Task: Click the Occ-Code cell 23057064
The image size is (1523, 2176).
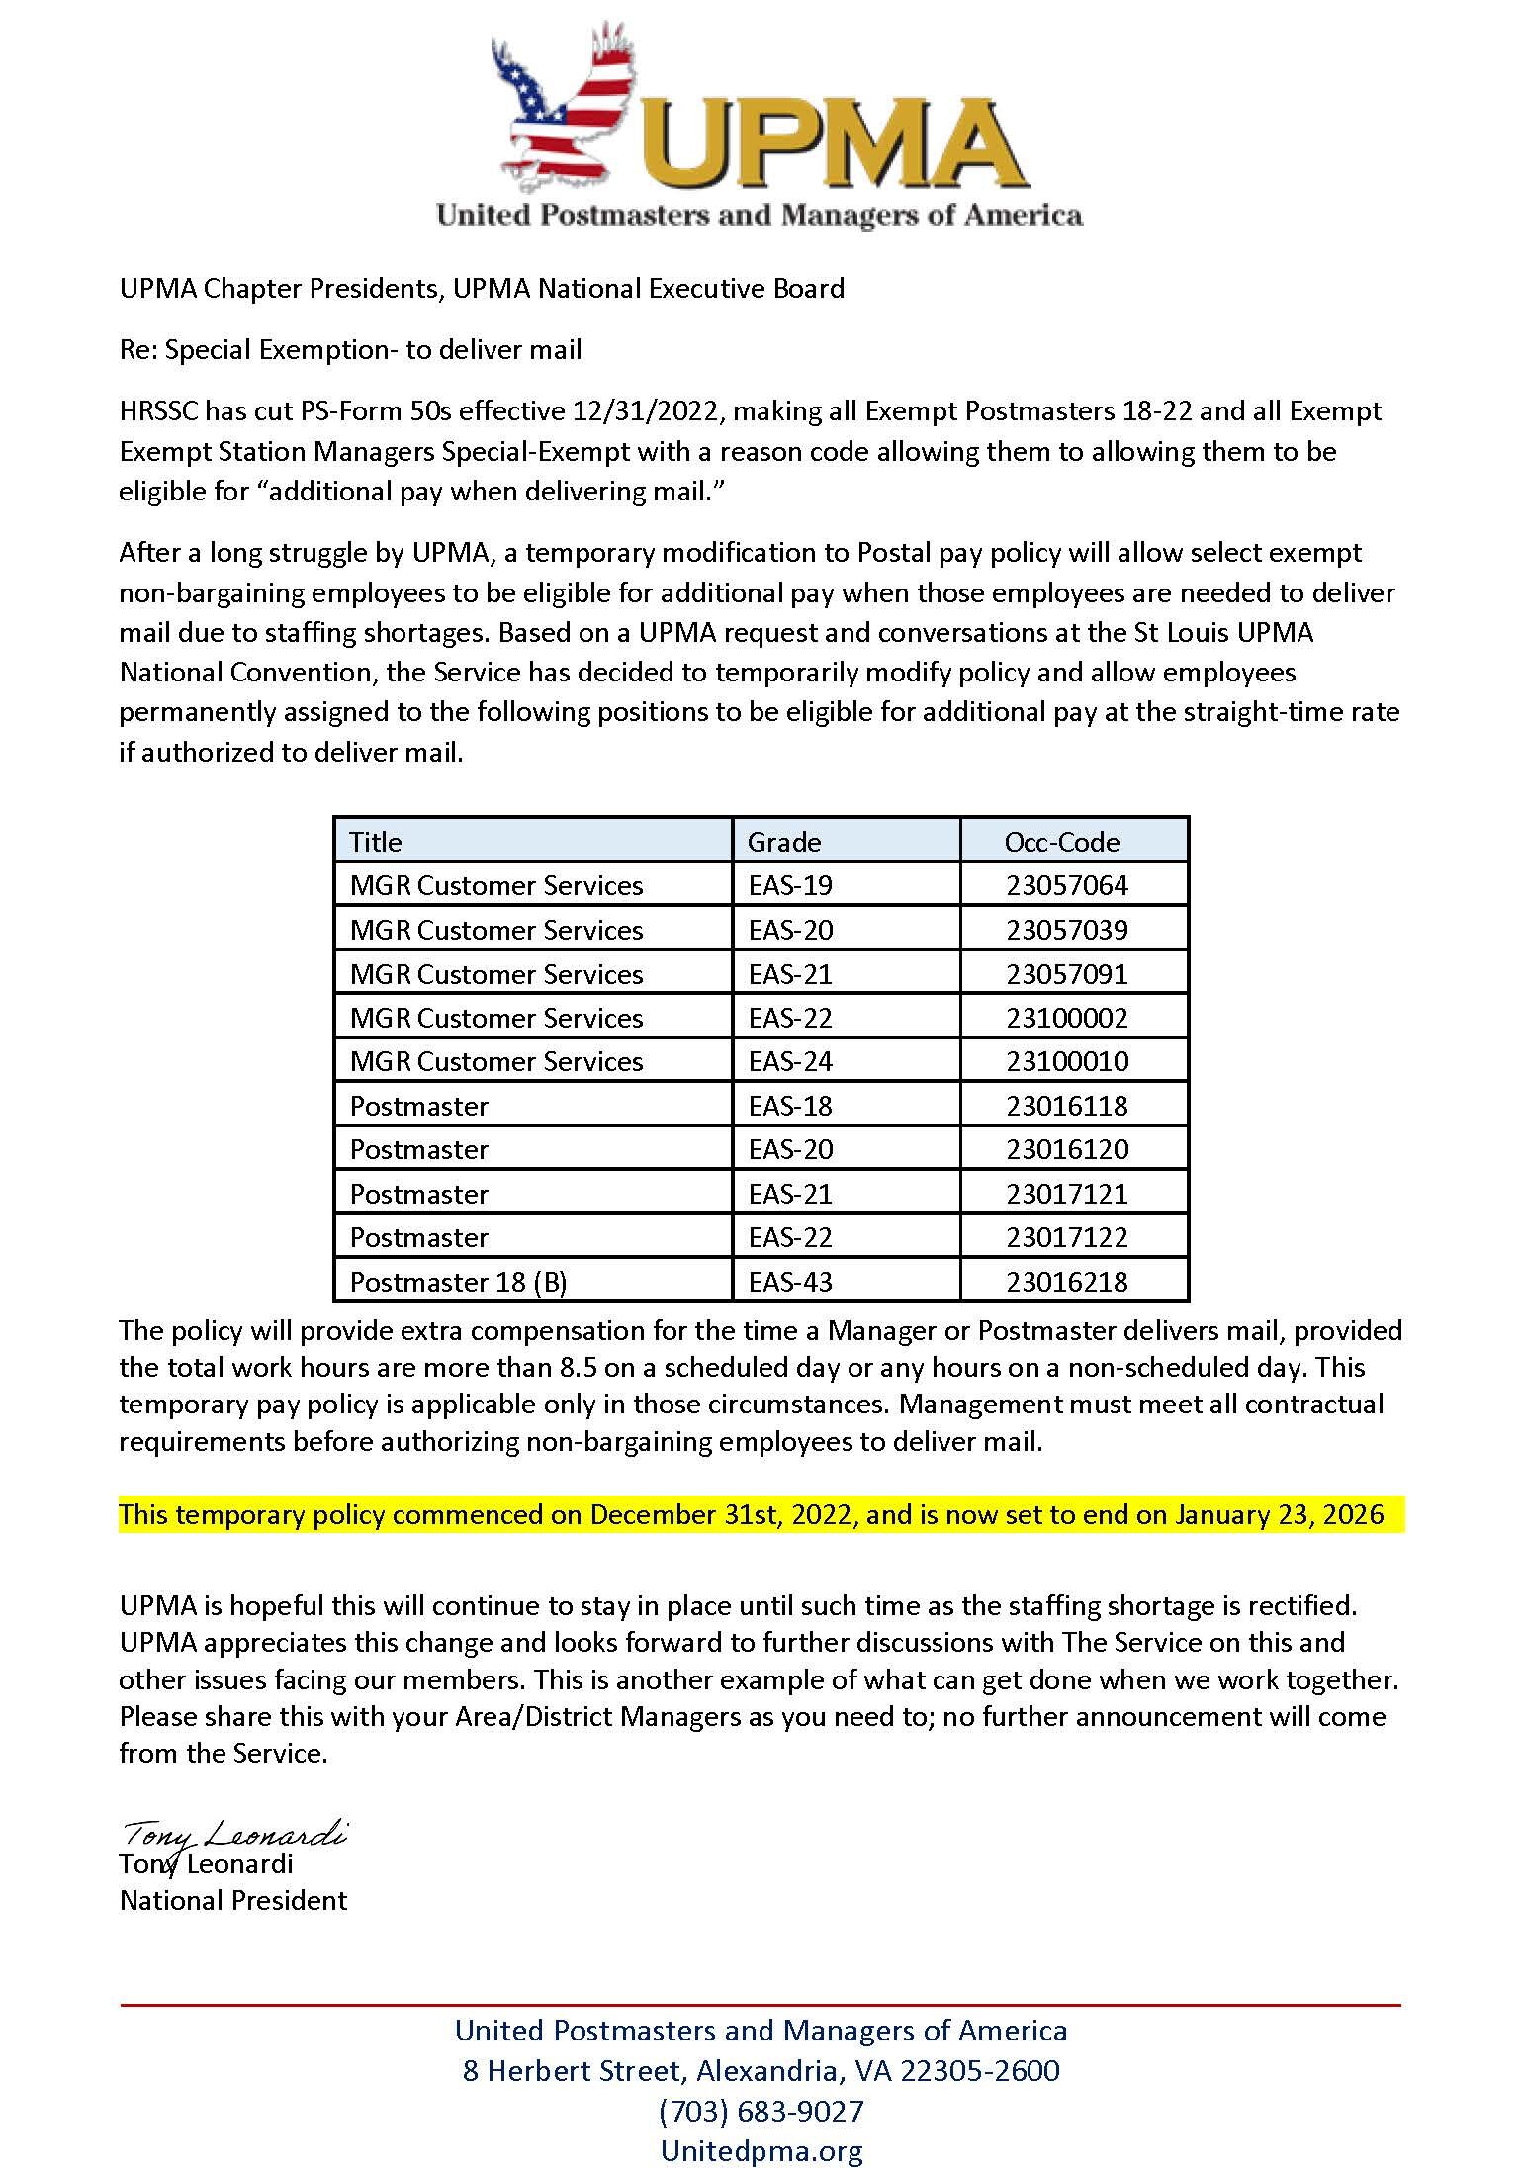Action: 1067,885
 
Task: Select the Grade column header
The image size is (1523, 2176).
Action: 784,842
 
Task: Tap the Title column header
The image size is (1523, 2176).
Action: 376,842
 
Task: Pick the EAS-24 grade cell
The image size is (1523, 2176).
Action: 791,1061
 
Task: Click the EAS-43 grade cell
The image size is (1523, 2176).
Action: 791,1282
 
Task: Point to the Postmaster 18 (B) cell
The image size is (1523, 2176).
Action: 458,1282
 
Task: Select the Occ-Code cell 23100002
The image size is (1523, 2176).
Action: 1067,1018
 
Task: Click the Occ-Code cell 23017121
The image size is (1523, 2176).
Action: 1067,1194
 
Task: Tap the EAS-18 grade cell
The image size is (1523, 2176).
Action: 791,1106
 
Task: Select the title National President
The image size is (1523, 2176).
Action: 233,1900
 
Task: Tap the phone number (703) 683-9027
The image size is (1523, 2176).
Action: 761,2111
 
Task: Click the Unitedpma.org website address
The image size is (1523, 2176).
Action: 761,2150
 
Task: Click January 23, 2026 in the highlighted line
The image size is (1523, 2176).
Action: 1279,1515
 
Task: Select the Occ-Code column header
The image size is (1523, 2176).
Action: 1062,842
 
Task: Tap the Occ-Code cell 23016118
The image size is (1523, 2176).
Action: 1067,1106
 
